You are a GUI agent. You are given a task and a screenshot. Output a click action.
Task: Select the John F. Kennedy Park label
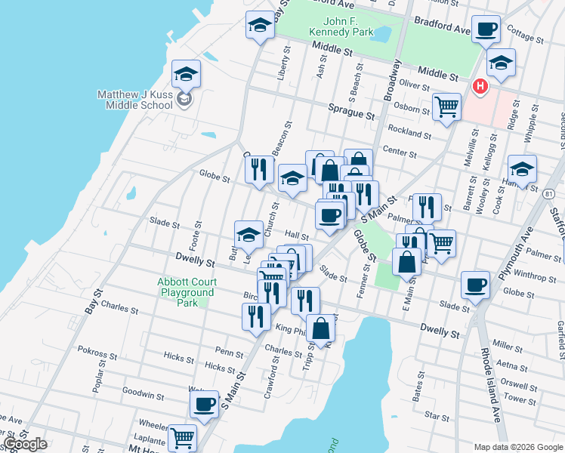point(341,27)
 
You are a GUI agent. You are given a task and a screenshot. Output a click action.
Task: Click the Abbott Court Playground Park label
point(186,292)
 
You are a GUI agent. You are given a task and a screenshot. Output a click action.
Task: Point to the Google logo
point(25,444)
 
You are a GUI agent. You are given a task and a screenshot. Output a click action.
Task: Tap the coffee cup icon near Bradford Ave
point(487,29)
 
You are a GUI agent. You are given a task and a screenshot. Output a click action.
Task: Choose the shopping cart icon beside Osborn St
point(446,106)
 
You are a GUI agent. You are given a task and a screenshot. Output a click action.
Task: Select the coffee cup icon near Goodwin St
point(204,404)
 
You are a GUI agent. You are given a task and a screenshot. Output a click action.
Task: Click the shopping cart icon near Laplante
point(182,437)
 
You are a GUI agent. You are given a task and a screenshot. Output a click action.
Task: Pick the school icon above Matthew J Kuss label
point(186,74)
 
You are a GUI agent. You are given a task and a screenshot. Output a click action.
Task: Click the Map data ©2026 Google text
point(517,447)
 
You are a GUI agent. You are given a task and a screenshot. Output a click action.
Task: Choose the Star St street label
point(437,415)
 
